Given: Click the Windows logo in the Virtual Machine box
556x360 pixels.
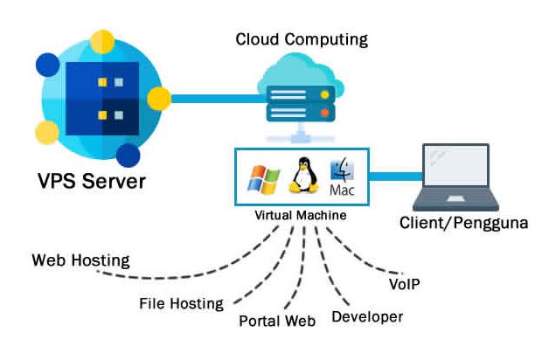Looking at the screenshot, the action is click(264, 180).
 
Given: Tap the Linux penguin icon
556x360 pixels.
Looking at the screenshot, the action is click(303, 176).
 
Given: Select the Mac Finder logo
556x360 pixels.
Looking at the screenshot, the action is click(342, 170).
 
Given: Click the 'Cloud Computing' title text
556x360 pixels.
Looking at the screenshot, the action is click(302, 39).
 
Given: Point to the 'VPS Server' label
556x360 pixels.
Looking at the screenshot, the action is click(92, 181).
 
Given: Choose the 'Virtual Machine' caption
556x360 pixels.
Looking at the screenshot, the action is click(301, 215).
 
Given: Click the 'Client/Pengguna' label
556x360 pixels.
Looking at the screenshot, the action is click(464, 223).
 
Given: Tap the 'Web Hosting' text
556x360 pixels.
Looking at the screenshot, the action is click(80, 260).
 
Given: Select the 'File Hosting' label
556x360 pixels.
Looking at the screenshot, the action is click(181, 304).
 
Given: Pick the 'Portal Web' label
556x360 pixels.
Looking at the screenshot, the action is click(277, 321).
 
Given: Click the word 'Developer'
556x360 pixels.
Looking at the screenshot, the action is click(367, 317).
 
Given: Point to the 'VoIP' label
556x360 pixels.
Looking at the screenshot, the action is click(404, 284).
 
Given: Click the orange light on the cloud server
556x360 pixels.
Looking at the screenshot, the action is click(324, 113).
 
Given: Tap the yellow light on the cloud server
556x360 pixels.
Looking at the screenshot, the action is click(324, 94).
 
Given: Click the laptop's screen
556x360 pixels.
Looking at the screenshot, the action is click(455, 166).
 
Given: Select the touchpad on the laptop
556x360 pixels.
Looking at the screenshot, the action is click(456, 199).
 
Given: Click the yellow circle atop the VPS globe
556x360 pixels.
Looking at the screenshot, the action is click(102, 42).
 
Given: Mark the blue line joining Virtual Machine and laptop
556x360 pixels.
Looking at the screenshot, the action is click(396, 177).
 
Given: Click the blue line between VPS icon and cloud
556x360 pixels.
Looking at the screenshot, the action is click(219, 99).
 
